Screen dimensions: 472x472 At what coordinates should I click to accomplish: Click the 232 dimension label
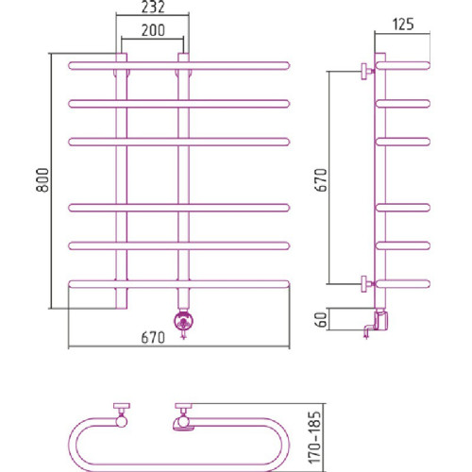click(x=153, y=8)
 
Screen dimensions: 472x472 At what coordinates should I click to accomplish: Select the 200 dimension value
click(x=153, y=30)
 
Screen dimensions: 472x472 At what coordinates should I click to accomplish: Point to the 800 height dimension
click(x=42, y=180)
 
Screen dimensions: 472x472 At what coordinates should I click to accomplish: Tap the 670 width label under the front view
click(x=153, y=338)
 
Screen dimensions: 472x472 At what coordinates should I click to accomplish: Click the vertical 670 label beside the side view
click(x=322, y=180)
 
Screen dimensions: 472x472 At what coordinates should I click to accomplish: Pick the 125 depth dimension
click(x=403, y=25)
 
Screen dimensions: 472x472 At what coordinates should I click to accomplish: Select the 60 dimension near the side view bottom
click(x=321, y=320)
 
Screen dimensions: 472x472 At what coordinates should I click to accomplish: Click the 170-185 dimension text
click(x=315, y=437)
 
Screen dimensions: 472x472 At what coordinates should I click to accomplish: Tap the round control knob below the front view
click(x=183, y=321)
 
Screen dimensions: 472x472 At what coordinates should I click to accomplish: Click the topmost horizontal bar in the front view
click(x=178, y=66)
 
